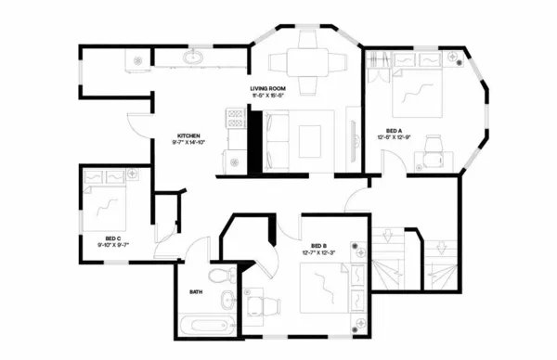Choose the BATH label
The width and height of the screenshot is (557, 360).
[196, 291]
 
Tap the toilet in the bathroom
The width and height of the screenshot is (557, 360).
[220, 276]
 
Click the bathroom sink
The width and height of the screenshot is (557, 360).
[227, 301]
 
